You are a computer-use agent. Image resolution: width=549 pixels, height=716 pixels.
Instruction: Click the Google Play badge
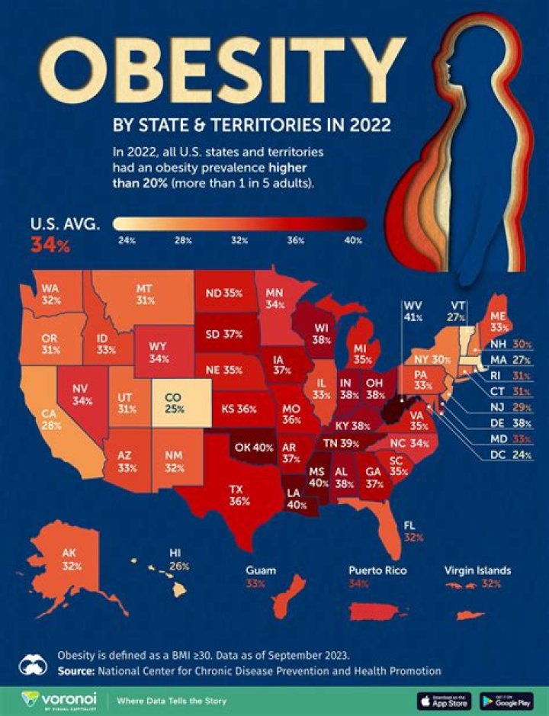point(506,700)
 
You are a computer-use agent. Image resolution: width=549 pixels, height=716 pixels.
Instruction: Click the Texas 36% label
point(239,496)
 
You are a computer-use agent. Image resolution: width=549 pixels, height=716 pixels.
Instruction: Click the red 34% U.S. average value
point(50,246)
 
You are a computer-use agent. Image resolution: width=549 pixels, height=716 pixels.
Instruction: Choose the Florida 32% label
point(414,531)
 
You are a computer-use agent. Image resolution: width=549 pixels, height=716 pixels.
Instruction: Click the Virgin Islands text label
point(477,570)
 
